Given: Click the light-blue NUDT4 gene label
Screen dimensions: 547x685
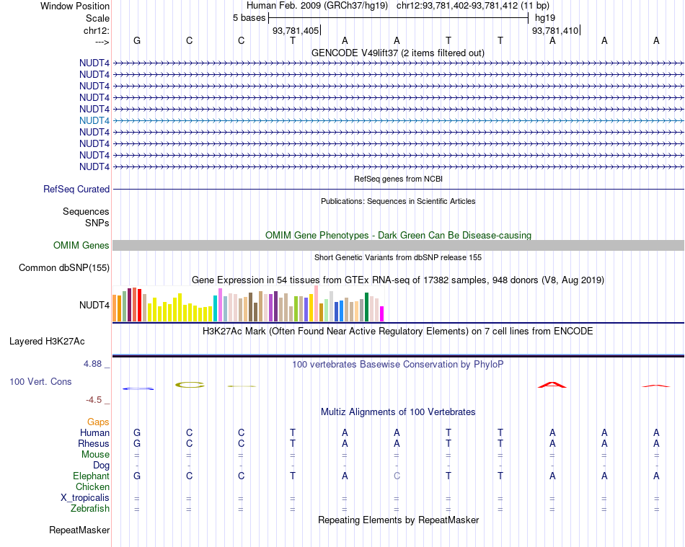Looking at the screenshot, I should [x=94, y=120].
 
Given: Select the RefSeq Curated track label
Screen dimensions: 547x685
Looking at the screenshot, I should [x=76, y=189].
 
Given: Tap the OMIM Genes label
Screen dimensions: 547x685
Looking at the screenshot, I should [x=81, y=246].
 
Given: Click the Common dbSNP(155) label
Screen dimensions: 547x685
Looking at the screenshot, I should [x=64, y=268].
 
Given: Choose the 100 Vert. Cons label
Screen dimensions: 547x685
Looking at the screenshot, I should [x=40, y=381].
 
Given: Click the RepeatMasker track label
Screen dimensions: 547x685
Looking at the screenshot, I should [x=79, y=530].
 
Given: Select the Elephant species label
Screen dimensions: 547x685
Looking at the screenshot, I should [x=91, y=476].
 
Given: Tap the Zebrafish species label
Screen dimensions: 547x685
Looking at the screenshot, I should [x=90, y=509].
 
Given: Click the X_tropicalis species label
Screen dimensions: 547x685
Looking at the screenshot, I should [x=85, y=498].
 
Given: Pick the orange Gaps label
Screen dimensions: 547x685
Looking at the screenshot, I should [x=98, y=422].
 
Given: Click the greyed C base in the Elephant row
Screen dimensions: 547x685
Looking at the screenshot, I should [x=397, y=476].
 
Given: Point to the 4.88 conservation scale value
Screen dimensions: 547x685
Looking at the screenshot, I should [x=93, y=364].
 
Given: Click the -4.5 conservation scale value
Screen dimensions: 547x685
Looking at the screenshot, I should [x=94, y=399].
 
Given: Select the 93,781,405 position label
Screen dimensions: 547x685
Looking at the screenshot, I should [x=296, y=31].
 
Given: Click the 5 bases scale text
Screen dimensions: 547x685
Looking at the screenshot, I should [x=249, y=18].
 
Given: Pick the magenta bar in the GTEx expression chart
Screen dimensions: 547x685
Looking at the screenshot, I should [x=382, y=313].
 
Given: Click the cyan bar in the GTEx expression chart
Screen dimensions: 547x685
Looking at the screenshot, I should [x=216, y=308].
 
